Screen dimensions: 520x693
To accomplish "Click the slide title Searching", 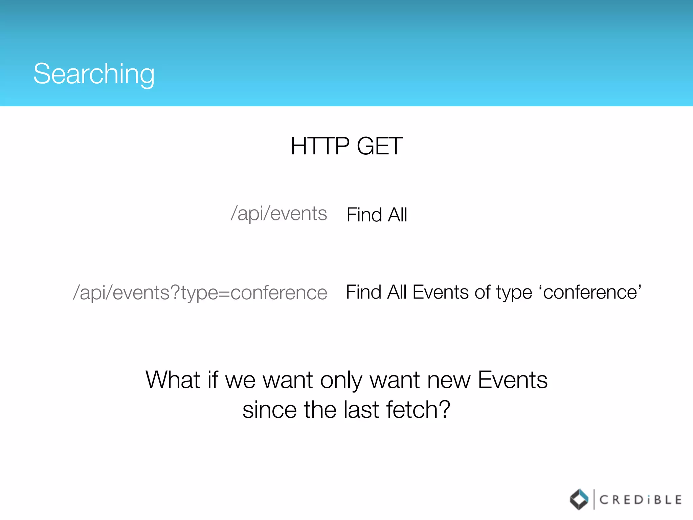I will tap(94, 74).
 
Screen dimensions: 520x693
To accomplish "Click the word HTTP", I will tap(320, 146).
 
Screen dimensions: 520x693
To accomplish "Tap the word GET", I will tap(379, 146).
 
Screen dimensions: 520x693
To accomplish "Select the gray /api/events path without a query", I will tap(279, 214).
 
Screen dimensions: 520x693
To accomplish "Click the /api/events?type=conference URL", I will tap(200, 292).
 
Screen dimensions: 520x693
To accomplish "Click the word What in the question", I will tap(173, 380).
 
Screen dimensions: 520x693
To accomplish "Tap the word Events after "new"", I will tap(512, 380).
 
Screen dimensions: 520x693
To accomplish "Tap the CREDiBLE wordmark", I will tap(640, 500).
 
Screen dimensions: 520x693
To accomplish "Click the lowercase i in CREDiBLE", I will tap(648, 500).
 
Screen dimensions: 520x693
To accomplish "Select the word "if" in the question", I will tap(213, 380).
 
